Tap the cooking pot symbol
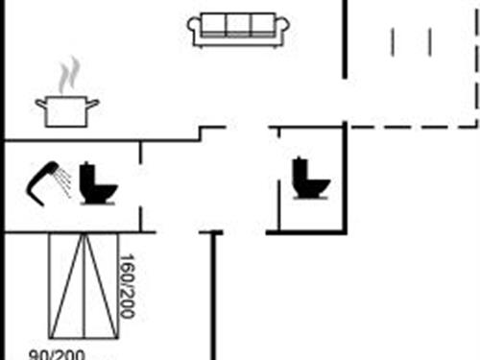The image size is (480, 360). point(67,109)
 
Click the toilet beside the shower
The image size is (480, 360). point(97,182)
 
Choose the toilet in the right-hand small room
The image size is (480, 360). point(312,178)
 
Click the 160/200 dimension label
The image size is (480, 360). point(125,286)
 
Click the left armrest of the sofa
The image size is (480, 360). point(195,30)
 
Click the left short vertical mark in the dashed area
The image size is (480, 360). point(393,41)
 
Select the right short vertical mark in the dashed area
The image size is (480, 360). point(429,41)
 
